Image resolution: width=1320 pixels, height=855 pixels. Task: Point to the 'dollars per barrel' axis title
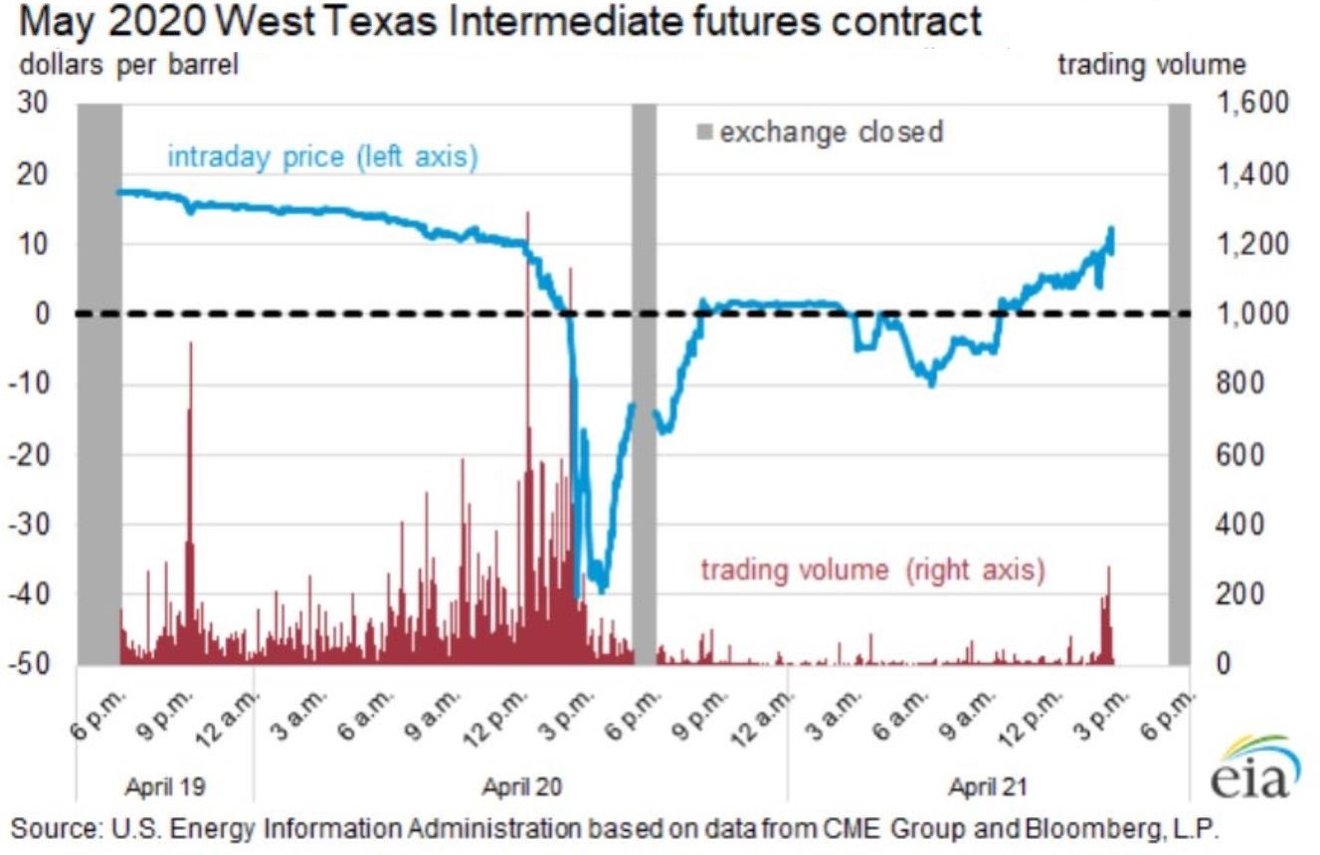(x=126, y=66)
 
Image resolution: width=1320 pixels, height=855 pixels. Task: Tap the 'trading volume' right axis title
(x=1151, y=66)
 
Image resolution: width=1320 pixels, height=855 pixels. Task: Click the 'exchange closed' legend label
(x=831, y=131)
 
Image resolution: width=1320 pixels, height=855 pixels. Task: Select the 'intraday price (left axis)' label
(x=322, y=157)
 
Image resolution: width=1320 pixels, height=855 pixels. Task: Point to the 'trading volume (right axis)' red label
(x=873, y=570)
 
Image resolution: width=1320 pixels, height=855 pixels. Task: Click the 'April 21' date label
(x=987, y=786)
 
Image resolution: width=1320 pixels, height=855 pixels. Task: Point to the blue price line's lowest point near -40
(x=600, y=590)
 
